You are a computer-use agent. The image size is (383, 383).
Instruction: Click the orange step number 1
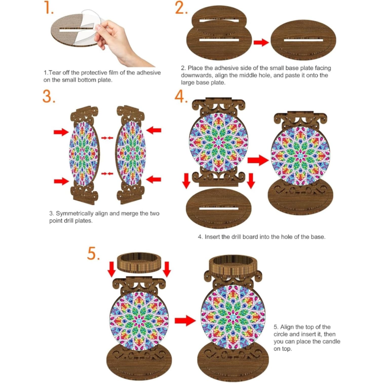click(x=49, y=8)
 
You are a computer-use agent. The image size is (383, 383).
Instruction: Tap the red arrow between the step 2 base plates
click(x=261, y=42)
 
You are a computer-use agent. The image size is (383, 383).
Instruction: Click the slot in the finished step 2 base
click(x=303, y=40)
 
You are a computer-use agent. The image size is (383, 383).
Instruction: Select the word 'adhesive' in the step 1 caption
click(x=149, y=73)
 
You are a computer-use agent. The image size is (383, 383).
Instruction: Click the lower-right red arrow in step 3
click(x=154, y=180)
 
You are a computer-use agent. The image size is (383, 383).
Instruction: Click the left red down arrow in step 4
click(x=186, y=181)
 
